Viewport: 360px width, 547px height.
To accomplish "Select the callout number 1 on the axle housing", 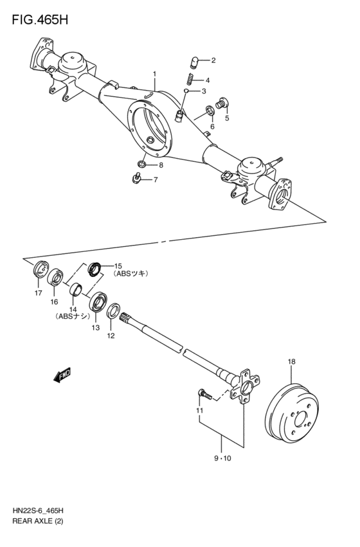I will (x=154, y=75).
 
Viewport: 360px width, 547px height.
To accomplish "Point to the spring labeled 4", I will (x=191, y=80).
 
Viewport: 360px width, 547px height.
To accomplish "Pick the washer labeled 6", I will (x=210, y=112).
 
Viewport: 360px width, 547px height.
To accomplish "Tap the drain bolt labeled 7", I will (x=136, y=179).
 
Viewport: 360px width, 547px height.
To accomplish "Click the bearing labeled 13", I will (x=98, y=301).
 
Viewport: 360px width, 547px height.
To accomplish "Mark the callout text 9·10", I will (x=221, y=459).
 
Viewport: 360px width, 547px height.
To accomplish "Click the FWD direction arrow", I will (x=62, y=375).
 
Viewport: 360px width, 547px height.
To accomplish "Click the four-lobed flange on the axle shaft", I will (x=243, y=388).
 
